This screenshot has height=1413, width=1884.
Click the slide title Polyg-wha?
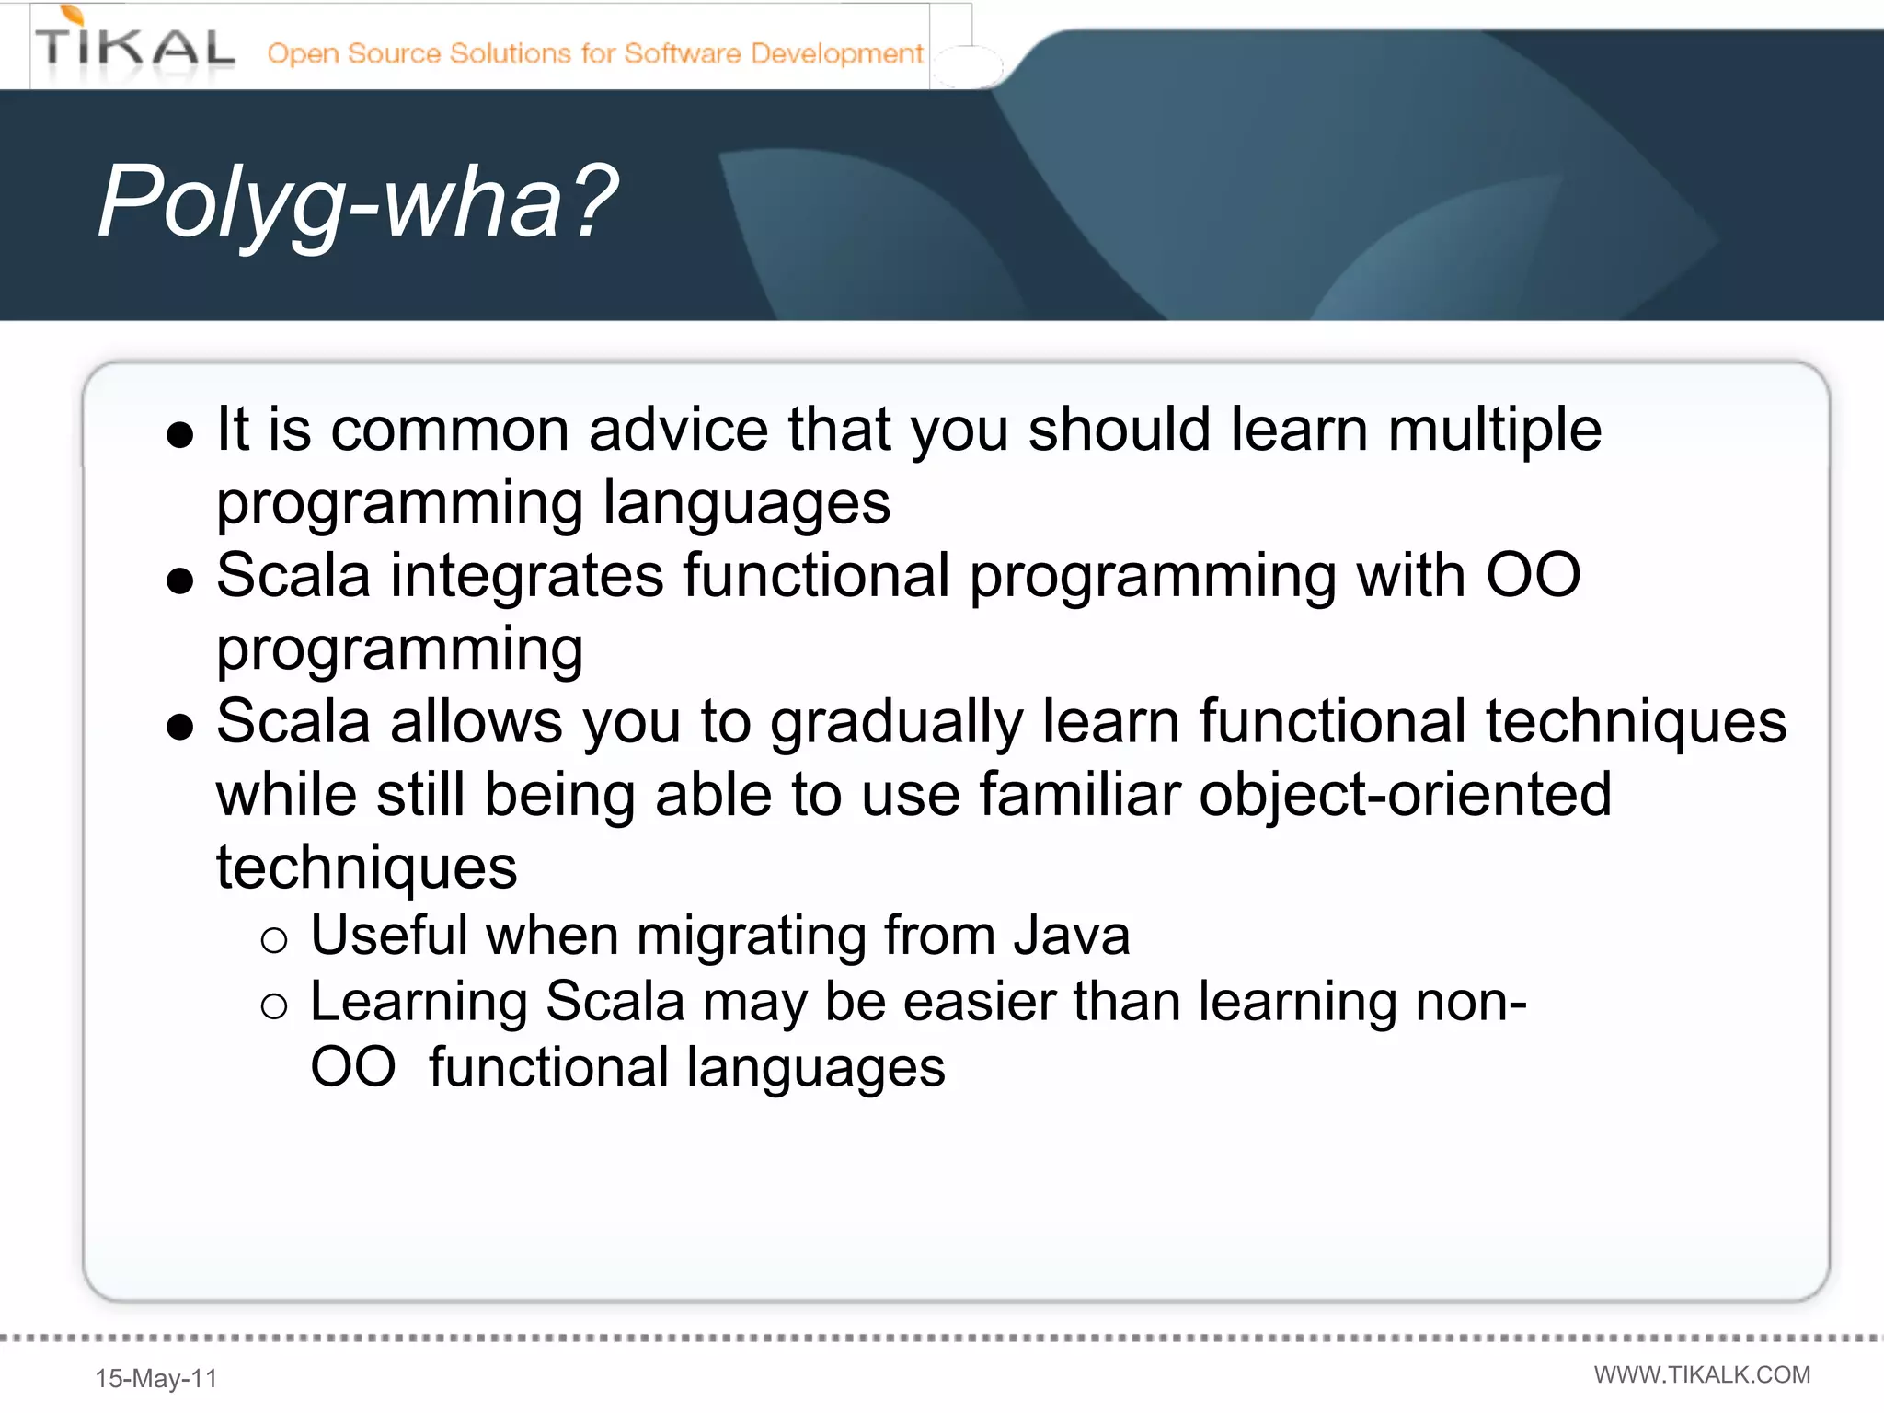(x=357, y=201)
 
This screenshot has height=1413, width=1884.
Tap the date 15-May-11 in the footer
(x=156, y=1378)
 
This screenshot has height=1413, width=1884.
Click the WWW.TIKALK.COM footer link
(x=1702, y=1374)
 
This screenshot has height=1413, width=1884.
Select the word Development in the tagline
(x=836, y=53)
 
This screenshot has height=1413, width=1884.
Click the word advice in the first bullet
(x=678, y=430)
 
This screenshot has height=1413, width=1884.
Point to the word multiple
(x=1494, y=430)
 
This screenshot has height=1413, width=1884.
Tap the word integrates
(x=527, y=576)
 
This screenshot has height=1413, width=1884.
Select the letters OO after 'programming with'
(x=1534, y=576)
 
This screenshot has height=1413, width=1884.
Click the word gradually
(x=896, y=722)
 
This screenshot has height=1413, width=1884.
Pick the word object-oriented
(x=1405, y=795)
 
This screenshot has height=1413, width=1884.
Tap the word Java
(x=1071, y=936)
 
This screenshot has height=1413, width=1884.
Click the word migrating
(x=751, y=937)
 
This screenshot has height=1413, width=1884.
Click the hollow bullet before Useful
(x=274, y=940)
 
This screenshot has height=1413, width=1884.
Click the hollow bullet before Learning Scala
(x=274, y=1006)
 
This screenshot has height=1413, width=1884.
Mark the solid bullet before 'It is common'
(x=180, y=435)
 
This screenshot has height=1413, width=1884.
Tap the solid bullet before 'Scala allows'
(x=180, y=728)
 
